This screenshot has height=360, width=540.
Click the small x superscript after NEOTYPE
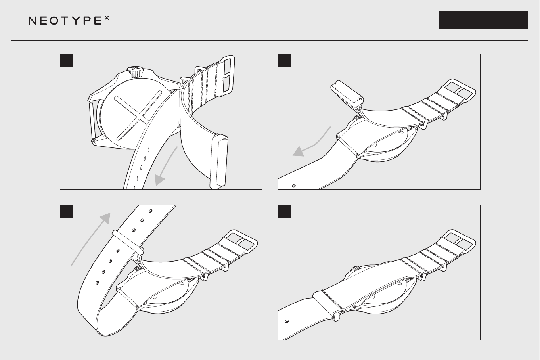click(107, 18)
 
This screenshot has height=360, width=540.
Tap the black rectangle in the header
click(483, 20)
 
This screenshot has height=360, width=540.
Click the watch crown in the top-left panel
click(136, 72)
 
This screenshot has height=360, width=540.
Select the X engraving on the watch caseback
click(138, 115)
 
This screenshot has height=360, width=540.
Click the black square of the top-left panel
click(67, 61)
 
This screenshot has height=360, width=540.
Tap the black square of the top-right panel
click(285, 61)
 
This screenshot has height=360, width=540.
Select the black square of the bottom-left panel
click(67, 212)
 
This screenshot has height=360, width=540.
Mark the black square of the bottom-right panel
click(285, 212)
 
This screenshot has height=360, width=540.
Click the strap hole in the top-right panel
click(294, 186)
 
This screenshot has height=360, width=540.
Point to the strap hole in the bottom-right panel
click(287, 322)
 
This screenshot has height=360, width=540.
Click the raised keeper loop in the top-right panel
click(347, 94)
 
